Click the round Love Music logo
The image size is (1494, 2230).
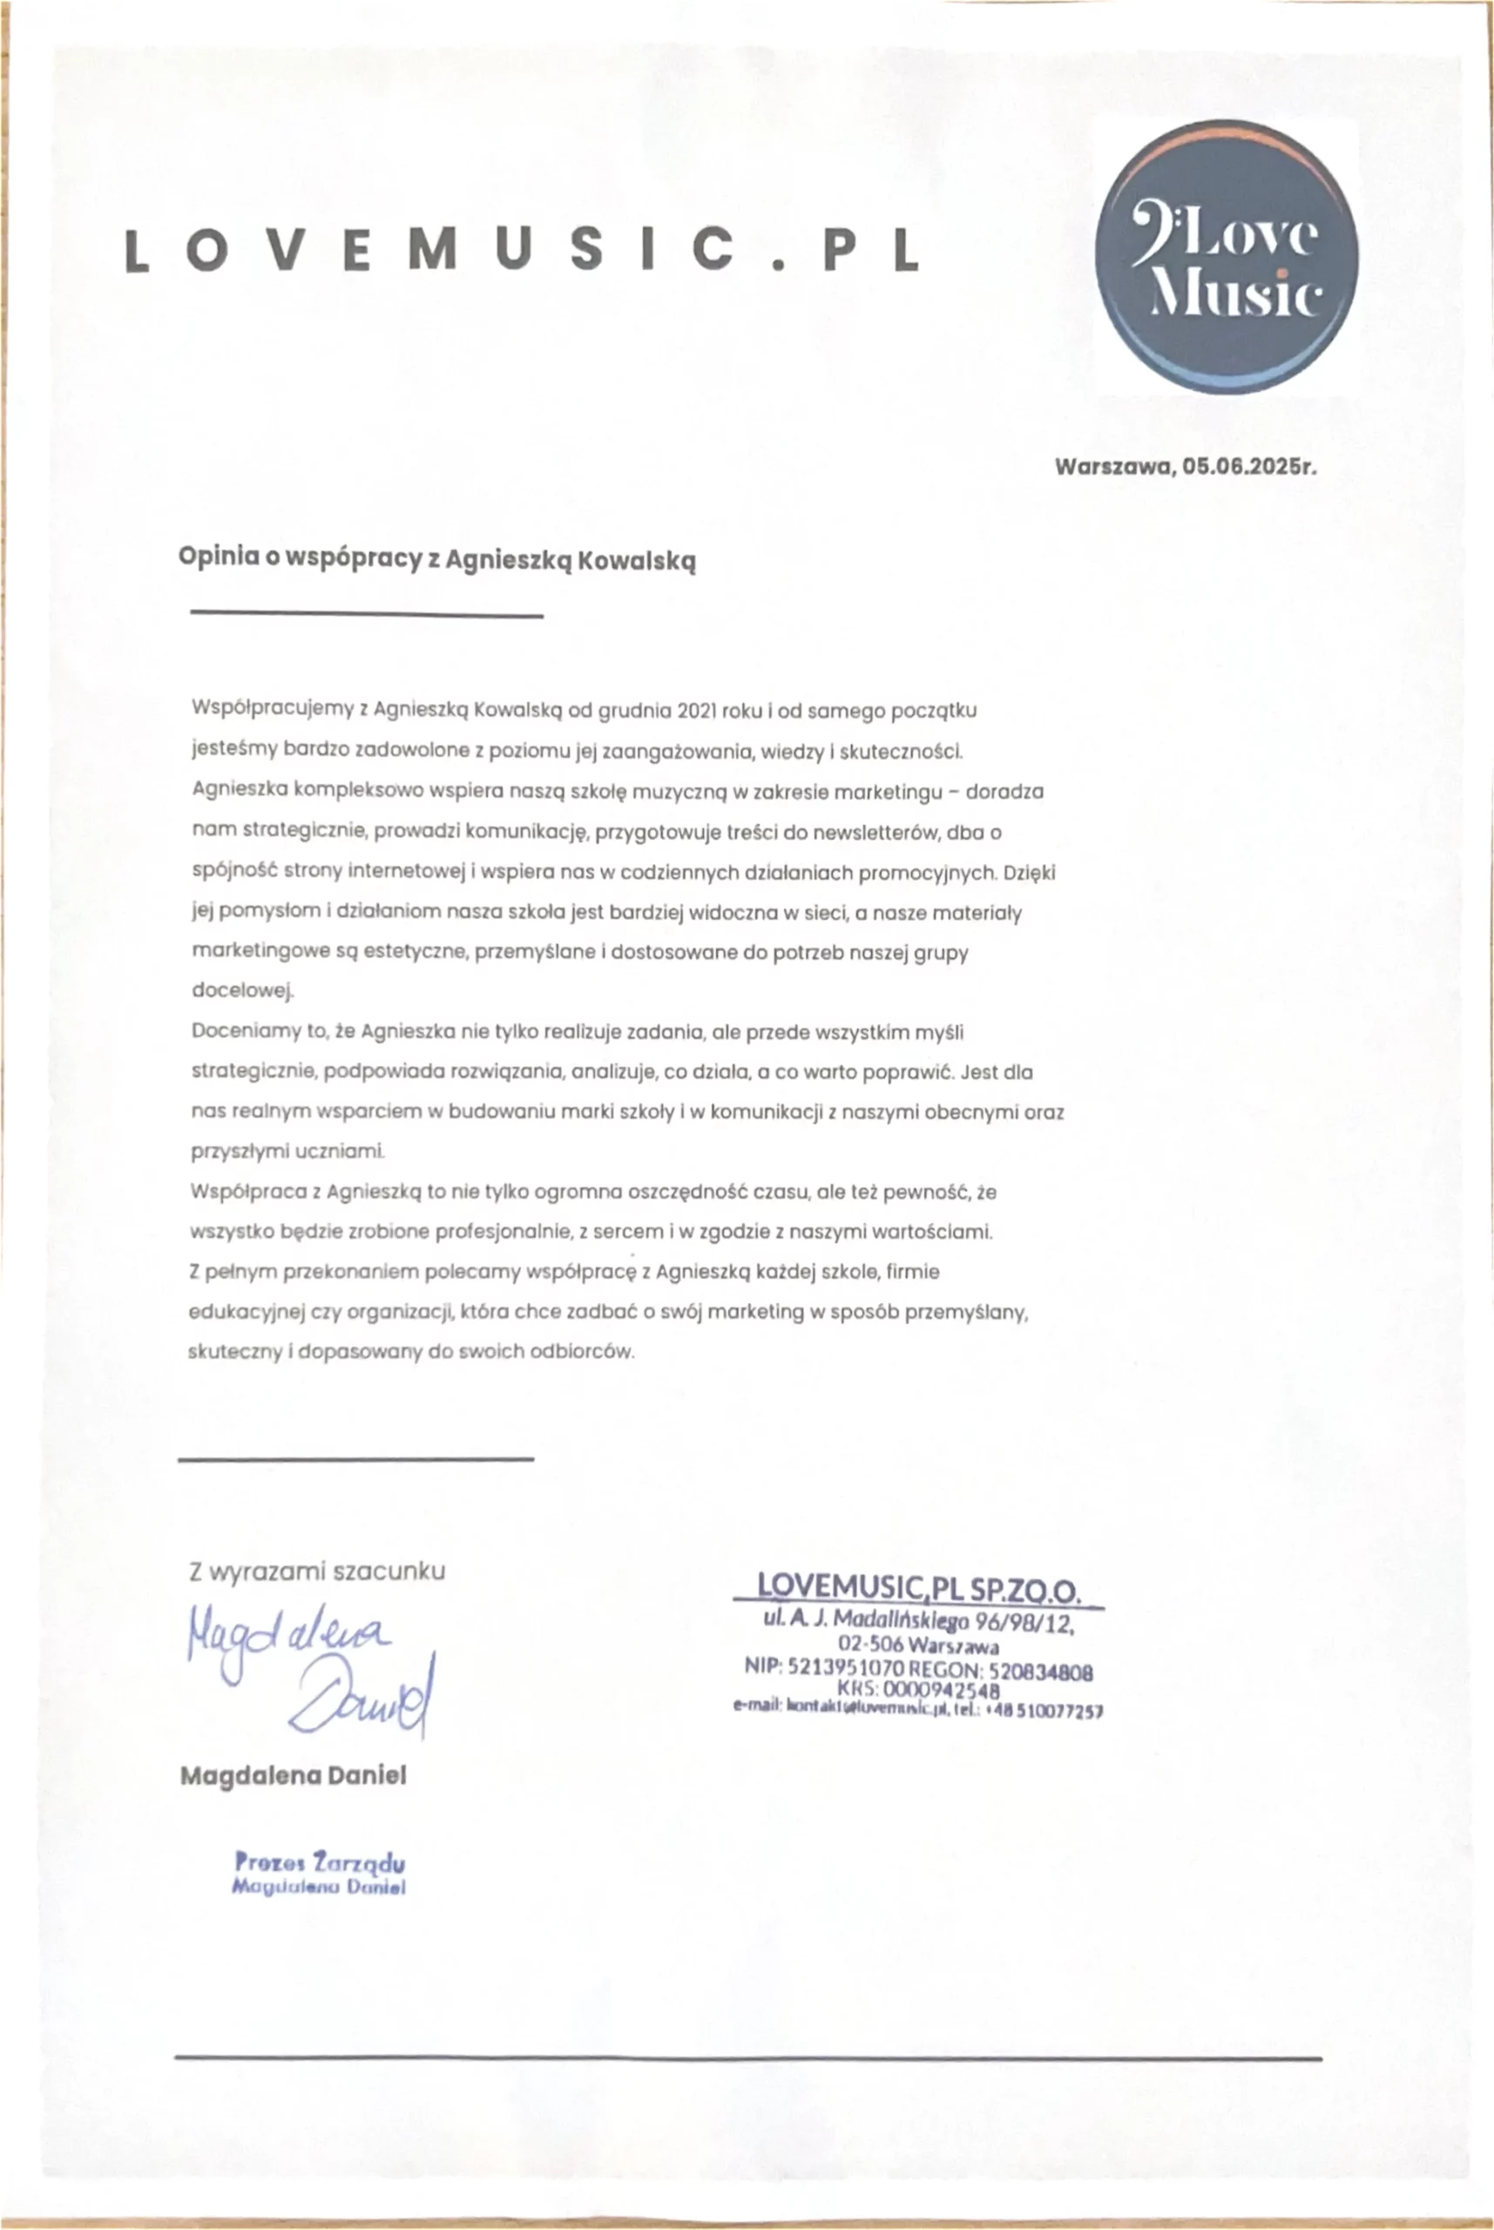click(1227, 256)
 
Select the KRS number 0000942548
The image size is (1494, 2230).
click(942, 1690)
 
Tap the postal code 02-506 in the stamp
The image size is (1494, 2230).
click(871, 1644)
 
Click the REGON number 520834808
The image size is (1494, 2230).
click(1040, 1671)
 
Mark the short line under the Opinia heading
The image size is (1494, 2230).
click(367, 615)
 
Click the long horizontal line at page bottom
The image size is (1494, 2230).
click(748, 2059)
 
